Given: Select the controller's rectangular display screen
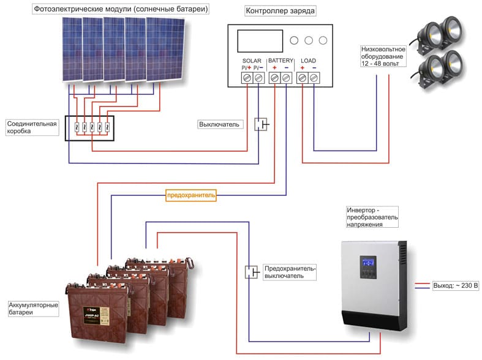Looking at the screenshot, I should coord(258,42).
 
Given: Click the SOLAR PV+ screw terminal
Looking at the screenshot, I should coord(247,78).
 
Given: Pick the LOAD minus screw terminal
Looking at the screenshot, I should coord(314,78).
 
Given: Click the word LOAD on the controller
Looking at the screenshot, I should coord(308,61).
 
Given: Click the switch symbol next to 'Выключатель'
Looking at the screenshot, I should coord(262,124).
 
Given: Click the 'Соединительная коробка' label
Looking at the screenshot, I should coord(32,127).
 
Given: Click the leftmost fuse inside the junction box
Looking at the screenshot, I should coord(75,127).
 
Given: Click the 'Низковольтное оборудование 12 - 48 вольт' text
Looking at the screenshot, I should coord(383,58).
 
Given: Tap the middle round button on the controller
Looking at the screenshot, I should coord(308,40).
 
